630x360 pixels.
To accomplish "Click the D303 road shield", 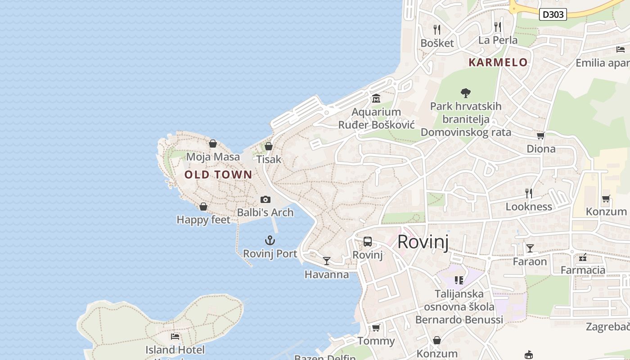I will [553, 14].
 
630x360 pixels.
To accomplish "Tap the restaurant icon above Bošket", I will [436, 30].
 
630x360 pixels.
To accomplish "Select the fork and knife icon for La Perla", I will [497, 27].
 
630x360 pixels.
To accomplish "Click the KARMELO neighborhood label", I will [498, 63].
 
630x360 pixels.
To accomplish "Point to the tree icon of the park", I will [466, 93].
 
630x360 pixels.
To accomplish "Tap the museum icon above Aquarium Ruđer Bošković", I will [376, 99].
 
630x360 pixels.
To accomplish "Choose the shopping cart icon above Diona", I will [540, 135].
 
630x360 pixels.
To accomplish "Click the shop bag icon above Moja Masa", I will [213, 144].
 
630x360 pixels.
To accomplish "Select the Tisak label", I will [269, 159].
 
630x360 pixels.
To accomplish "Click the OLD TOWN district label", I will [218, 175].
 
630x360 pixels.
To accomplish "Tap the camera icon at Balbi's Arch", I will [265, 199].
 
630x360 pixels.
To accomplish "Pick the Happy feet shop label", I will [203, 220].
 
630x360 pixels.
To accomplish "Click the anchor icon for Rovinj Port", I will [270, 240].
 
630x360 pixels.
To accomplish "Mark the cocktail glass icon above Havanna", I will [327, 261].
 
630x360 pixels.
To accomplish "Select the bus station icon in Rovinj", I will [368, 242].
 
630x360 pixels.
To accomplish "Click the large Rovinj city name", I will [423, 242].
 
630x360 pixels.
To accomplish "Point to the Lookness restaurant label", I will [529, 207].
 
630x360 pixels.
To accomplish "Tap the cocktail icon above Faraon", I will [530, 248].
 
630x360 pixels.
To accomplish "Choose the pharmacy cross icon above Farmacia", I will [583, 257].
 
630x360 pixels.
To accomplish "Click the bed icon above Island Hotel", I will [175, 337].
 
